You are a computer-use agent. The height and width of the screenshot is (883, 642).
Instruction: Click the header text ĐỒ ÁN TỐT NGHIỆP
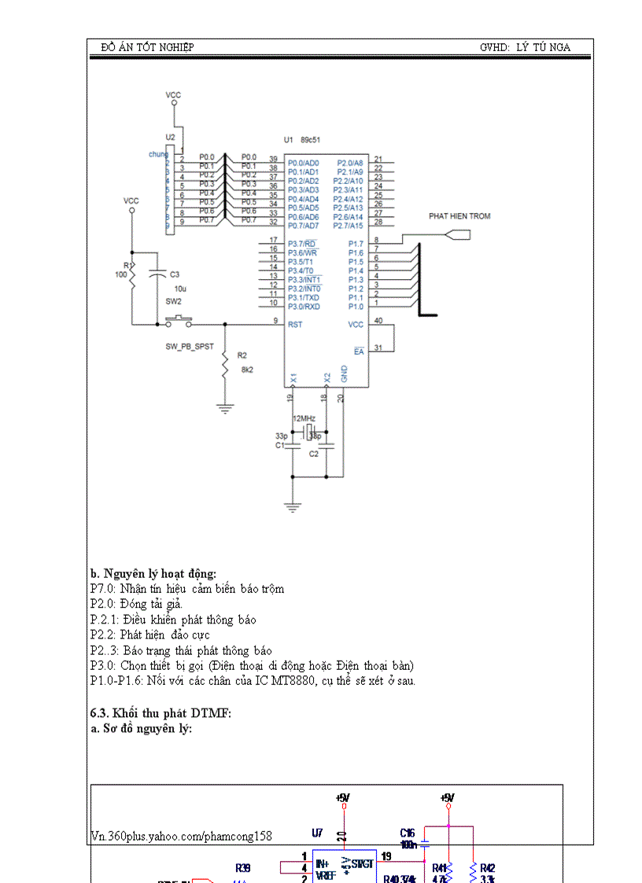(x=147, y=47)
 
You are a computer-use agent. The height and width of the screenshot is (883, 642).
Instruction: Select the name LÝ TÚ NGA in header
(x=543, y=47)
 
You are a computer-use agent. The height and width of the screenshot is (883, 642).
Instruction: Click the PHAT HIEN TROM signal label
(x=459, y=215)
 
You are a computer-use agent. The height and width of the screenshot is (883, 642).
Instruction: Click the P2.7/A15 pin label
(x=347, y=226)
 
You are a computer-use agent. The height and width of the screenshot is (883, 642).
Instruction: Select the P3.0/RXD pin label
(x=304, y=307)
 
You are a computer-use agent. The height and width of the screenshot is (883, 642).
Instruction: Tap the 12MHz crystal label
(x=304, y=418)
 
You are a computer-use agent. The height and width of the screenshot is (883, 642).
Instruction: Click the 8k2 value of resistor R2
(x=247, y=369)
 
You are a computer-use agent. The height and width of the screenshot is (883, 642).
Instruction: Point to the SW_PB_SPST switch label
(x=189, y=346)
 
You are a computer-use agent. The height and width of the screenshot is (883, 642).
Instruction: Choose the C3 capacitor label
(x=175, y=274)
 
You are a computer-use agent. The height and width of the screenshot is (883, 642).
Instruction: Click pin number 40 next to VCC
(x=378, y=321)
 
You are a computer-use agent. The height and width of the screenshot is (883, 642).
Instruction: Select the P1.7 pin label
(x=356, y=244)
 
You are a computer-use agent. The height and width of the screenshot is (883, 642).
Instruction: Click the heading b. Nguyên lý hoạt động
(x=153, y=573)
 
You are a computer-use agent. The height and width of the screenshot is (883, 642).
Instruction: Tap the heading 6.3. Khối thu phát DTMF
(x=160, y=713)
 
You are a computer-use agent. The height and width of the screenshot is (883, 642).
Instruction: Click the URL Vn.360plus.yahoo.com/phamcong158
(x=181, y=837)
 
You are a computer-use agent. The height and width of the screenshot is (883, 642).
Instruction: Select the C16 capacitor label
(x=407, y=832)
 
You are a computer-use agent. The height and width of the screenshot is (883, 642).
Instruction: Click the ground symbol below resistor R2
(x=225, y=407)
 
